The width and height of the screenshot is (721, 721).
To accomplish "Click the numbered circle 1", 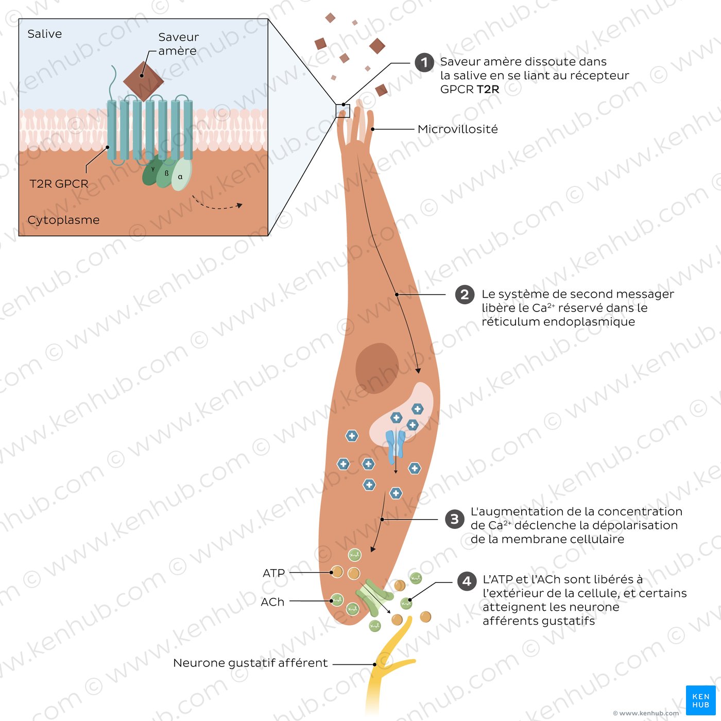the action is coord(424,62).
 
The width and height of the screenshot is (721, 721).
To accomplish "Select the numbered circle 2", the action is coord(465,295).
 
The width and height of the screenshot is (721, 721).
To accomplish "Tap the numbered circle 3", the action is coord(455,519).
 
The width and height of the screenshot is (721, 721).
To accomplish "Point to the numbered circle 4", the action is coord(467,581).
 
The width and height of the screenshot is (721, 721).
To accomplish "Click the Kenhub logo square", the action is coord(700,700).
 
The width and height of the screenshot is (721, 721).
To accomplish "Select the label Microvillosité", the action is coord(458,129).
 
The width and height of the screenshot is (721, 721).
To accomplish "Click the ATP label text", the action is coord(273,573).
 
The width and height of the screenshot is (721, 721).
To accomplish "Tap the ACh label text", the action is coord(272,602).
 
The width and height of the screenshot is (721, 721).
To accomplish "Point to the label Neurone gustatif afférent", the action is coord(250,663).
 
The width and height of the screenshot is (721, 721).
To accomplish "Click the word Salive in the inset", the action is coord(44,34).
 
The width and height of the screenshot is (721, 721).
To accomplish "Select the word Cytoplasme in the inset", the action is coord(64,220).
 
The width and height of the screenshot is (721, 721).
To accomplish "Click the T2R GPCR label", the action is coord(59,184).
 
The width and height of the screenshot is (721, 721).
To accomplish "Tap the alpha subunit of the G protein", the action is coord(182,175).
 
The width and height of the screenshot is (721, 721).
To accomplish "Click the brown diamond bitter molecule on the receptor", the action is coord(143,81).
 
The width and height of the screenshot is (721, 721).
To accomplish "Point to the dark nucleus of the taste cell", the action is coord(377,368).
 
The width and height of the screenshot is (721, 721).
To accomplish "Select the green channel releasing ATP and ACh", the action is coord(374,597).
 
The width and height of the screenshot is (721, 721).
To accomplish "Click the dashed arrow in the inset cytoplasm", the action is coord(217,203).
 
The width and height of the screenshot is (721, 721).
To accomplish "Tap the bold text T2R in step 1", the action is coord(488,90).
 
